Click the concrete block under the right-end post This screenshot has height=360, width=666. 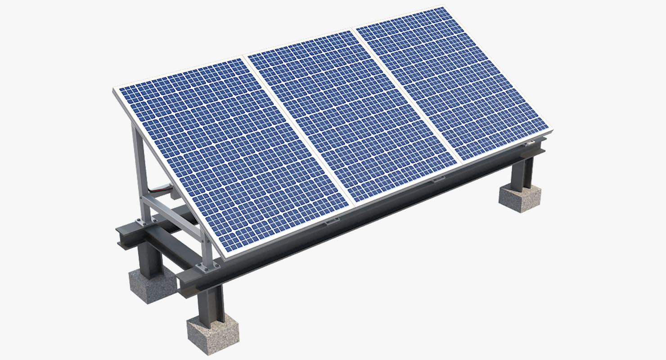click(520, 198)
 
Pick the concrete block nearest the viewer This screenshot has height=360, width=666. click(212, 333)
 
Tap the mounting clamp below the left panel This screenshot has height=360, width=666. click(332, 221)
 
